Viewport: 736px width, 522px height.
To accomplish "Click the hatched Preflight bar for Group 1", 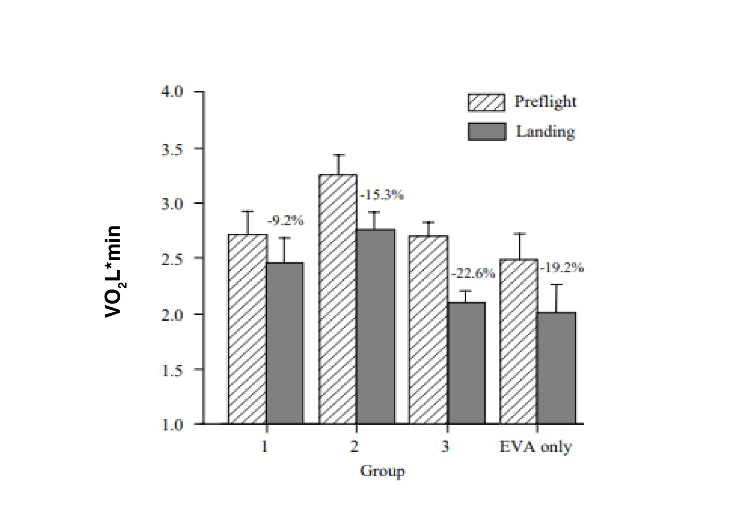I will tap(248, 329).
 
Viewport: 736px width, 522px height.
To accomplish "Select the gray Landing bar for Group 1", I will tap(285, 343).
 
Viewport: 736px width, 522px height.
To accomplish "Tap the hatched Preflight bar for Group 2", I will tap(338, 299).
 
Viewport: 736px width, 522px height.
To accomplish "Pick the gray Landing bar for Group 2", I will tap(376, 326).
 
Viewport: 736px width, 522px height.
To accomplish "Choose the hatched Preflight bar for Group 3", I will tap(428, 330).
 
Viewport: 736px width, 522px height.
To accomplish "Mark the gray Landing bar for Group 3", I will tap(466, 363).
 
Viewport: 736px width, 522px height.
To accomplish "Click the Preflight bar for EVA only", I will tap(519, 342).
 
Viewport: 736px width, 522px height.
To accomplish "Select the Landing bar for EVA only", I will tap(556, 368).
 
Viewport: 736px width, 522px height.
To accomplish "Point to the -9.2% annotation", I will tap(285, 220).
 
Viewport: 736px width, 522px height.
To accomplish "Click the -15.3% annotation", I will tap(382, 195).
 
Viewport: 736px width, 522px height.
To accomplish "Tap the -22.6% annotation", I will tap(473, 274).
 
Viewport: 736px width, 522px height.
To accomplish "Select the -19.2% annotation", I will tap(561, 268).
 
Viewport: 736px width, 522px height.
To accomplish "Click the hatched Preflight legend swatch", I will tap(486, 102).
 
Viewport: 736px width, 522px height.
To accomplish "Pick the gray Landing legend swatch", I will tap(487, 132).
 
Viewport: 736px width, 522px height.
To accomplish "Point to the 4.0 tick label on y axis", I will tap(172, 92).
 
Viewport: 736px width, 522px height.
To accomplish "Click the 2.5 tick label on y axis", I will tap(172, 259).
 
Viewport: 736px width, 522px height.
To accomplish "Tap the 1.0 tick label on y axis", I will tap(172, 425).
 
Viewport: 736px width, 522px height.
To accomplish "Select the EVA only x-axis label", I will tap(535, 447).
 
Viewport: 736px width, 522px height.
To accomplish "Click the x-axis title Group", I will tap(382, 471).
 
